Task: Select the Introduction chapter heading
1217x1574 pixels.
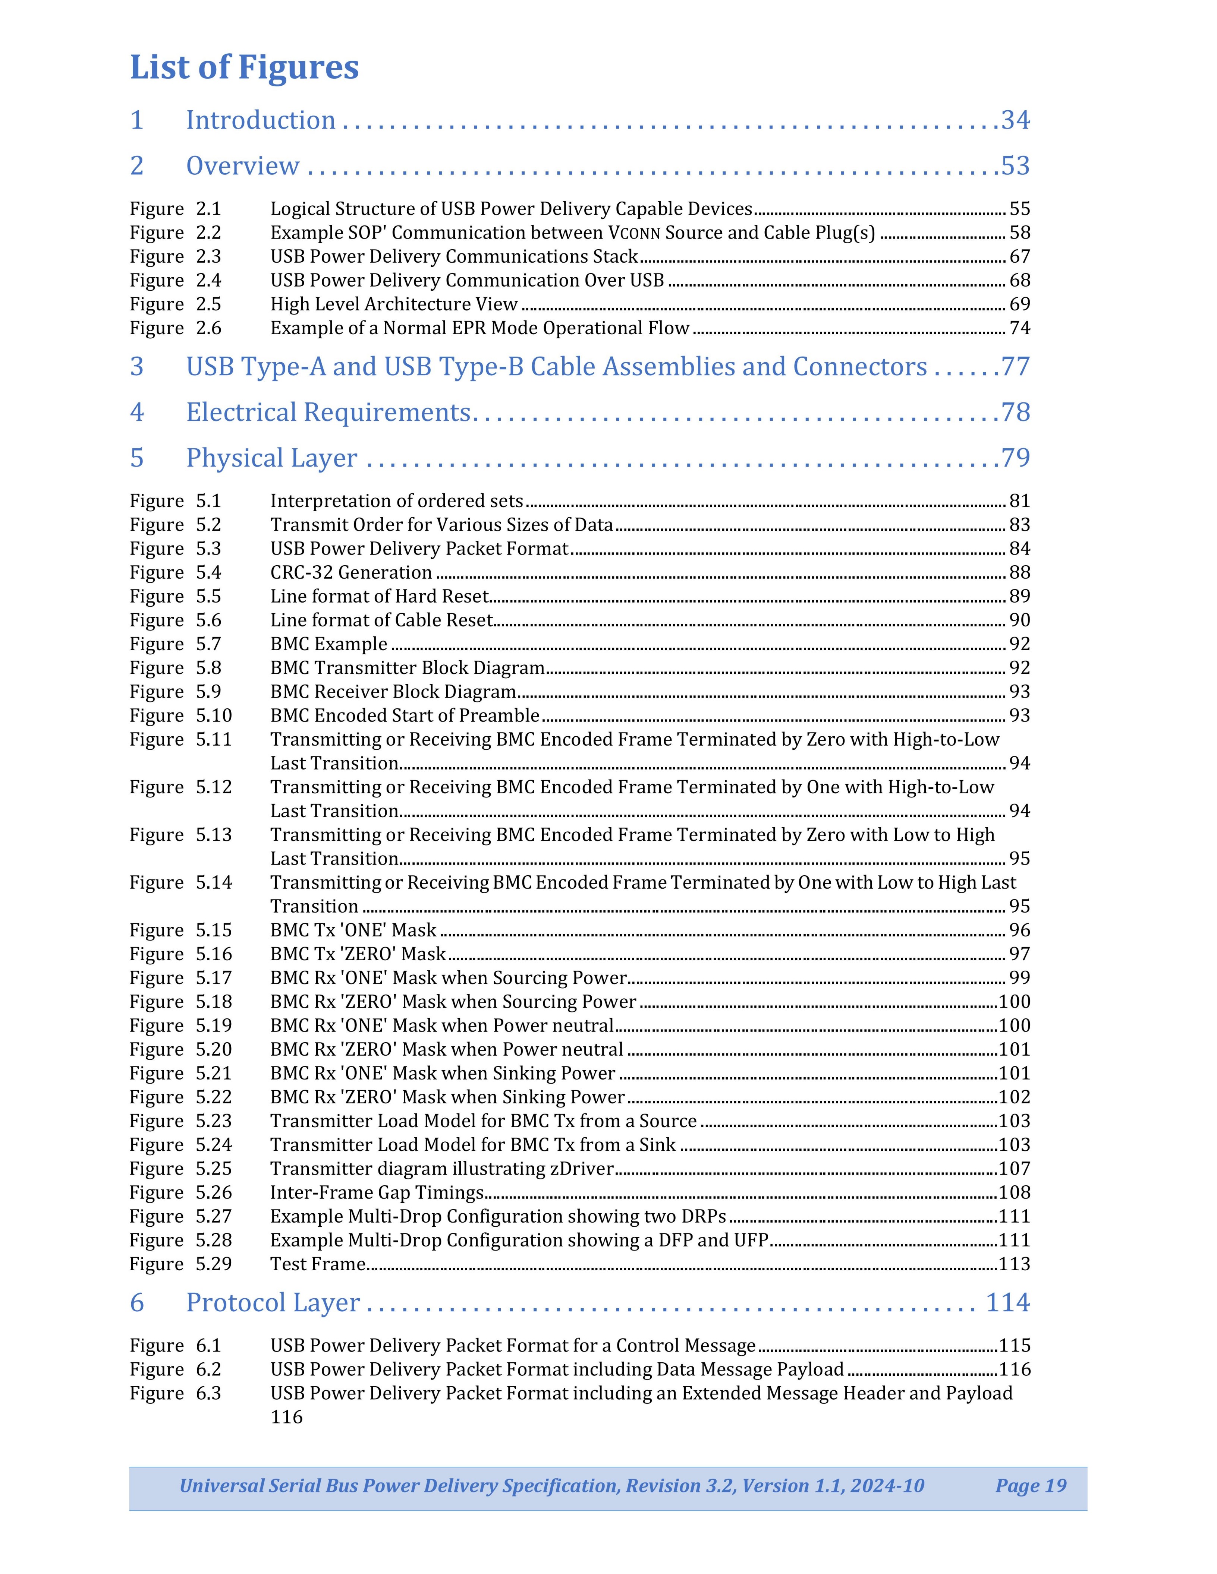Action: (260, 120)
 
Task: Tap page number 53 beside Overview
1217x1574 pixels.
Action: (1015, 166)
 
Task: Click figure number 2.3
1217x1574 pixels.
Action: (208, 257)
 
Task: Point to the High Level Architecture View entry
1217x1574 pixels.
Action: (394, 304)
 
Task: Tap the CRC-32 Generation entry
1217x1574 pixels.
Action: (351, 572)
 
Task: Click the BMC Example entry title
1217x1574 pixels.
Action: (329, 644)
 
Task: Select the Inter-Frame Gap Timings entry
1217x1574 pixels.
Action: (376, 1192)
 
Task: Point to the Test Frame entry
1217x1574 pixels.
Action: (318, 1263)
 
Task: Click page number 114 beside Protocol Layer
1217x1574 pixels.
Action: (1007, 1302)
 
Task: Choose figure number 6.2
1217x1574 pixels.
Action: (208, 1369)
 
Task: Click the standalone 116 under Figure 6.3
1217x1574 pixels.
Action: (286, 1417)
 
